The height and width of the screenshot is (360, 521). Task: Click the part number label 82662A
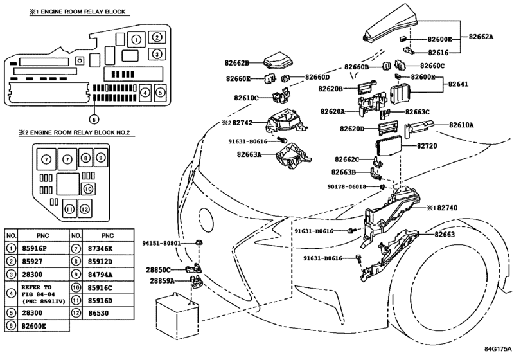[481, 37]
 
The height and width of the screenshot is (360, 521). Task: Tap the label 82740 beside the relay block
[447, 208]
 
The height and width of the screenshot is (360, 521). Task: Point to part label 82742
[242, 123]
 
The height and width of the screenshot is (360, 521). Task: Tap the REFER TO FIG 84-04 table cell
[43, 294]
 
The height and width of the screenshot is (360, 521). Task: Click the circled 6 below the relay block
[94, 119]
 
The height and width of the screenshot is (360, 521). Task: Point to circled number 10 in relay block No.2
[88, 189]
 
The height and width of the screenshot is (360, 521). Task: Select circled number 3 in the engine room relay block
[157, 53]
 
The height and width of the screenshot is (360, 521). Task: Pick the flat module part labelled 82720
[389, 147]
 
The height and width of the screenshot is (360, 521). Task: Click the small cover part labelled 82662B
[278, 60]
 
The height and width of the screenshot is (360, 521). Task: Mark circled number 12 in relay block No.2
[85, 209]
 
